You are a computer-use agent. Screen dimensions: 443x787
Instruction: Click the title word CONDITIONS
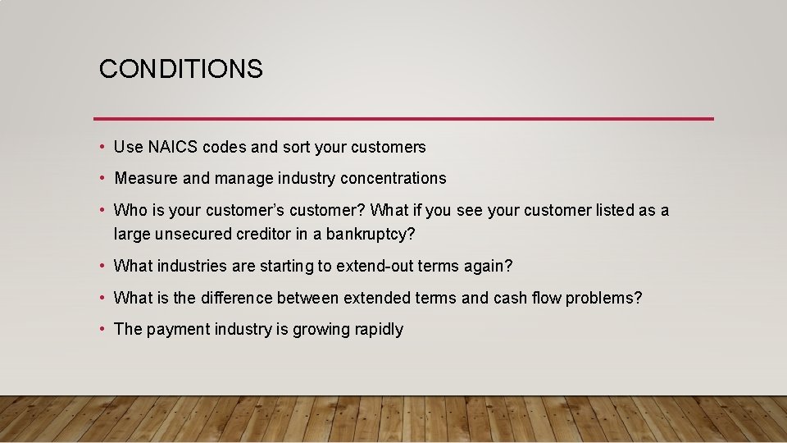pyautogui.click(x=180, y=69)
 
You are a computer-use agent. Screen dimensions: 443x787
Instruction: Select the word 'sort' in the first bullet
pyautogui.click(x=296, y=148)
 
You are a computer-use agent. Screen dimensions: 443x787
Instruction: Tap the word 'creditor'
pyautogui.click(x=263, y=235)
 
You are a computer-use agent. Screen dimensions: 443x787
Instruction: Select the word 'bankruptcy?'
pyautogui.click(x=371, y=235)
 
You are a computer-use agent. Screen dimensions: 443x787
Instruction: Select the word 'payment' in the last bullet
pyautogui.click(x=178, y=330)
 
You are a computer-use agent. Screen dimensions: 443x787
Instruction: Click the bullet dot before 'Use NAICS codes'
pyautogui.click(x=102, y=148)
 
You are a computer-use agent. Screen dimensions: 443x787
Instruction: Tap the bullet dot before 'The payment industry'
pyautogui.click(x=102, y=329)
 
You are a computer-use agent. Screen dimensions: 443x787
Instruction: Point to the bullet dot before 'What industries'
pyautogui.click(x=102, y=267)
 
